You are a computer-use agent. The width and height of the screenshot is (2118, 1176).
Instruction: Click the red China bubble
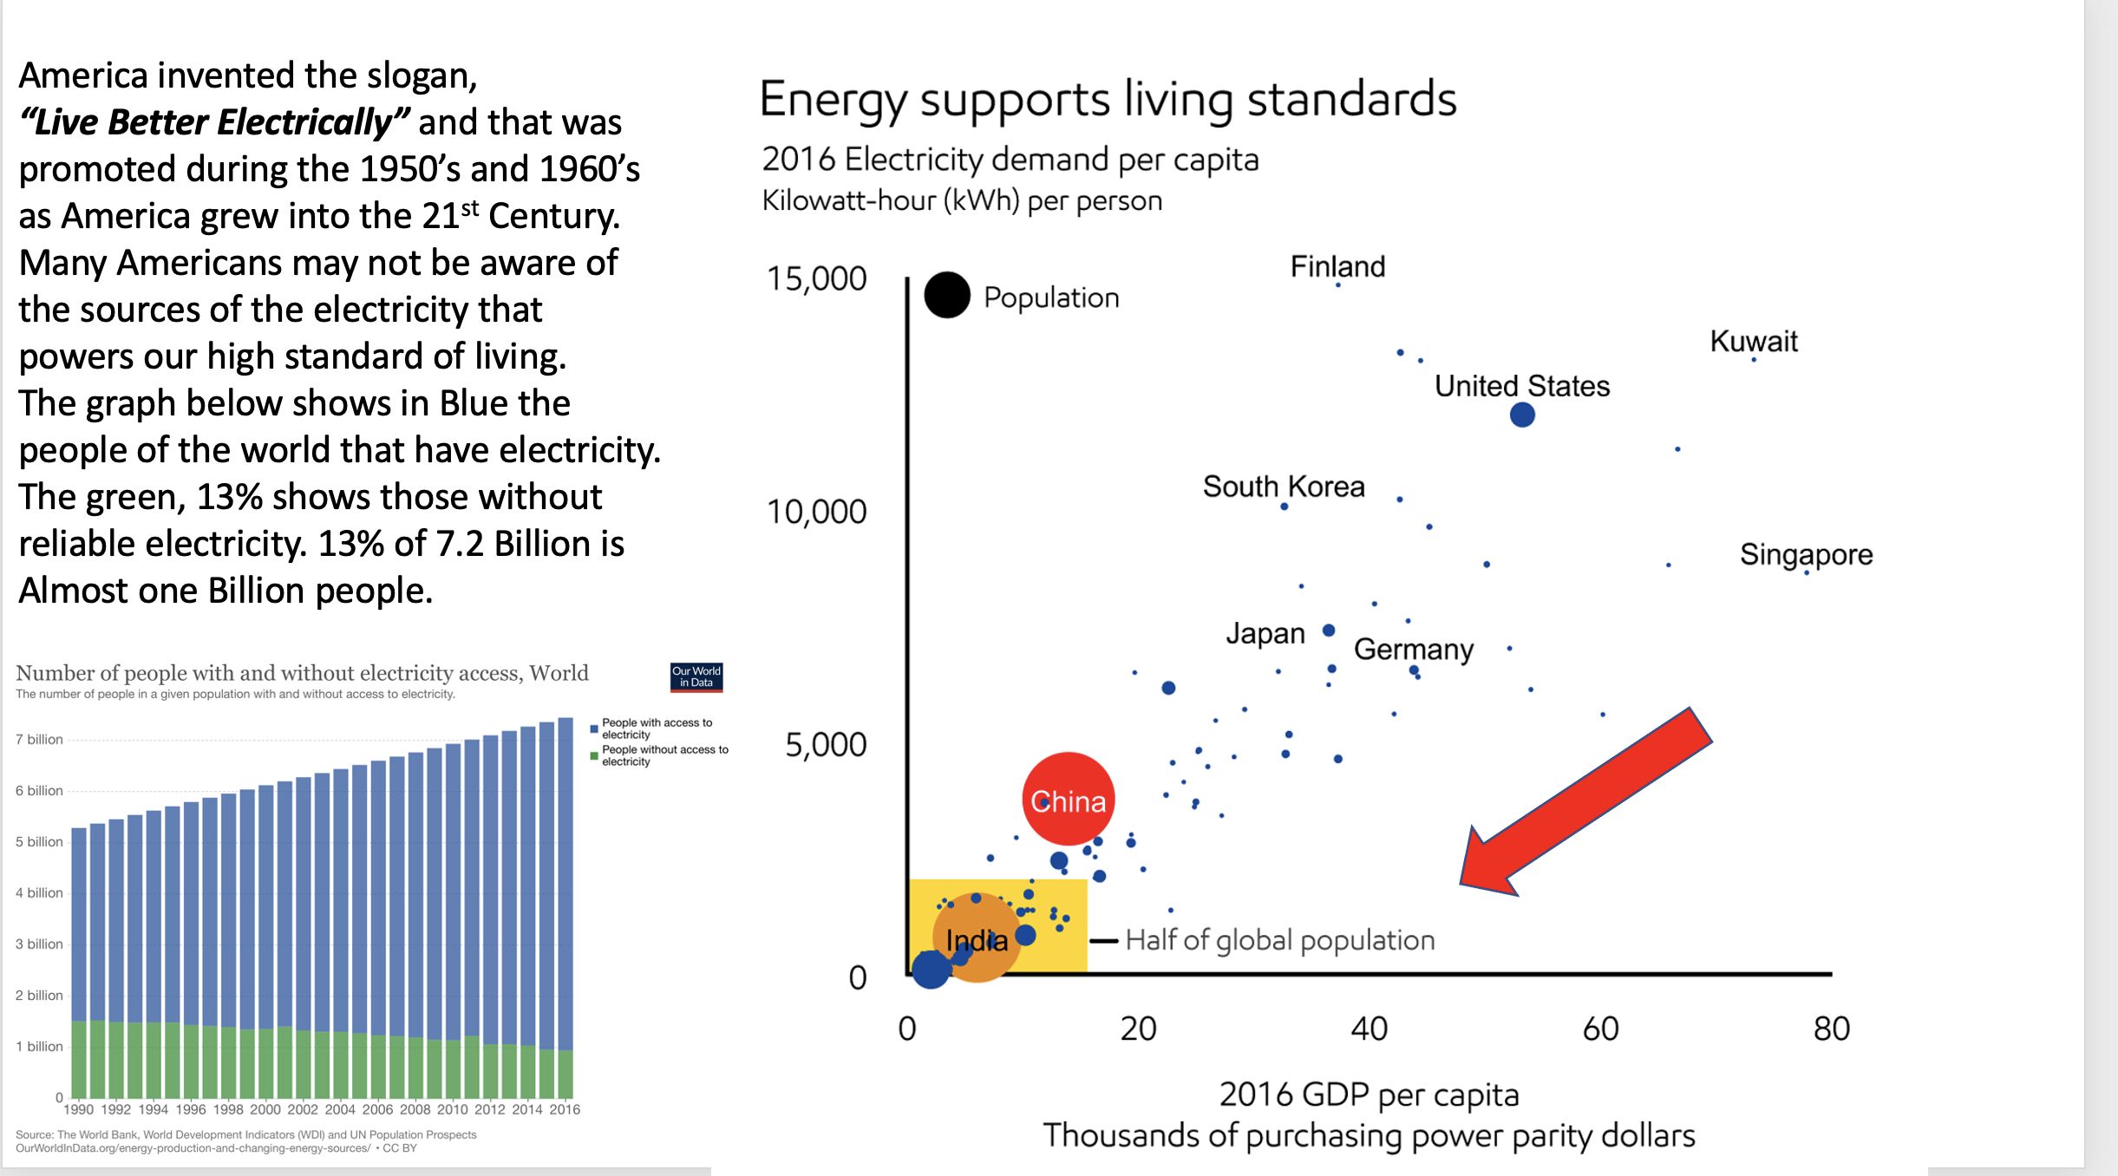(x=1068, y=799)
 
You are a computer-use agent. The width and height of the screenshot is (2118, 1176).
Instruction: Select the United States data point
(x=1521, y=415)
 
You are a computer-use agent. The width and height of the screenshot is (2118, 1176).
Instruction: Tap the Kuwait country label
(x=1753, y=341)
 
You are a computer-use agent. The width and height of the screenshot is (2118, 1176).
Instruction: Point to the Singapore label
(x=1806, y=554)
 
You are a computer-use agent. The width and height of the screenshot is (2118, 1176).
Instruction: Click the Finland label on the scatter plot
(x=1337, y=266)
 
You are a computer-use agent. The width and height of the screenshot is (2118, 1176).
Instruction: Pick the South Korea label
(x=1283, y=487)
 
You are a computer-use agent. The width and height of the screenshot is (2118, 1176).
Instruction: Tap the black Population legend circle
(x=946, y=295)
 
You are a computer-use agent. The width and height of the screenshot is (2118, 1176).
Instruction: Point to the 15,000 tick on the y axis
(x=816, y=279)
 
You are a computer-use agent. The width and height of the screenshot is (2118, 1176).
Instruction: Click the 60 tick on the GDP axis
(x=1600, y=1029)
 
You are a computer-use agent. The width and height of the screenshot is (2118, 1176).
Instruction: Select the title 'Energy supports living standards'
(x=1108, y=99)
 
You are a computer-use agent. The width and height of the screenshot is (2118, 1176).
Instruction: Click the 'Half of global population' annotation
(x=1279, y=940)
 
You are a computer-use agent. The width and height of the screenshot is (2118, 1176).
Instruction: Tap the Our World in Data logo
(x=696, y=676)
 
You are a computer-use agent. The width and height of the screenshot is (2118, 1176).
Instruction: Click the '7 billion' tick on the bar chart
(x=39, y=740)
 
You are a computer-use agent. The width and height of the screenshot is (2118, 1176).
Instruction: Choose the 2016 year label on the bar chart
(x=565, y=1109)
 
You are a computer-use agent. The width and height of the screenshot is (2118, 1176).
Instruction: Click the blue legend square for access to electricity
(x=594, y=728)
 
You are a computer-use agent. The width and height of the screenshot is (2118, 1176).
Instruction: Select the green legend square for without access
(x=594, y=755)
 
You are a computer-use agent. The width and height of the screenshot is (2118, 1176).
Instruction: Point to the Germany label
(x=1413, y=649)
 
